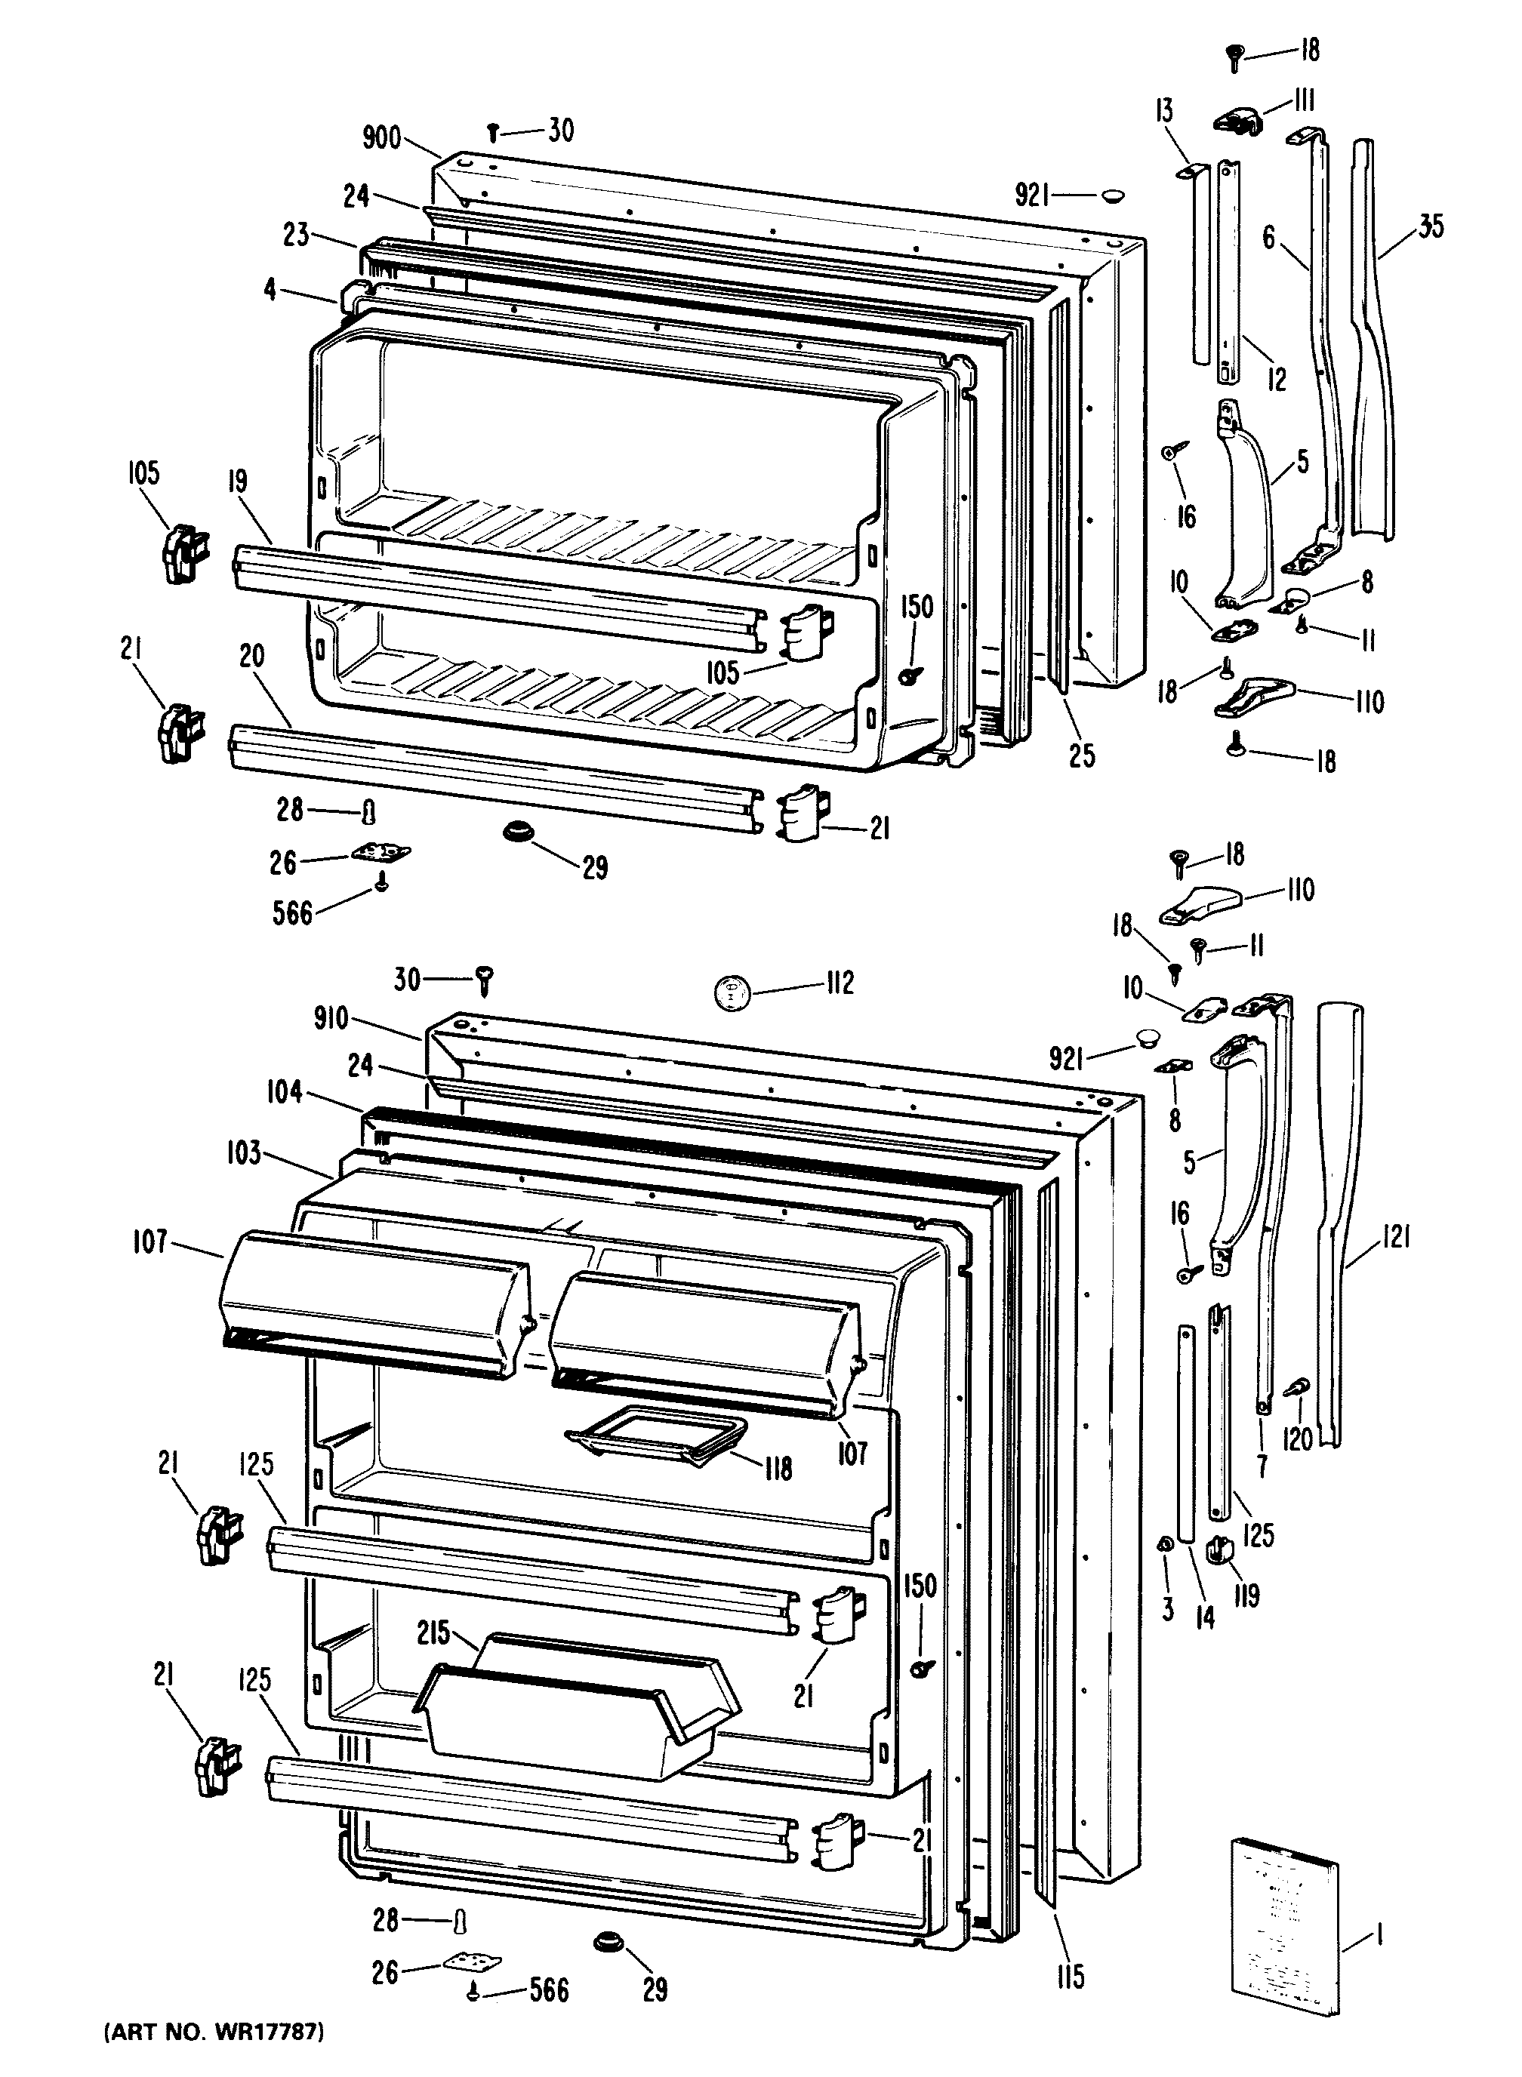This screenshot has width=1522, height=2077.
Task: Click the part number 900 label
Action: pyautogui.click(x=381, y=138)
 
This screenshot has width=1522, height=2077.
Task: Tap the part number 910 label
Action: pyautogui.click(x=331, y=1018)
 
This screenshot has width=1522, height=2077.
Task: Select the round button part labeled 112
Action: pyautogui.click(x=733, y=994)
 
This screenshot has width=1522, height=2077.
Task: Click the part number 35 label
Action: pyautogui.click(x=1430, y=226)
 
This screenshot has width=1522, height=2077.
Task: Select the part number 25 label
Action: pyautogui.click(x=1083, y=755)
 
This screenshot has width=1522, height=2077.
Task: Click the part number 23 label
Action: pyautogui.click(x=296, y=235)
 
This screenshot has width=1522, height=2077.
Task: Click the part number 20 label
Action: pyautogui.click(x=251, y=656)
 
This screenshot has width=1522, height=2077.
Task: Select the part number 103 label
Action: pyautogui.click(x=243, y=1152)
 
